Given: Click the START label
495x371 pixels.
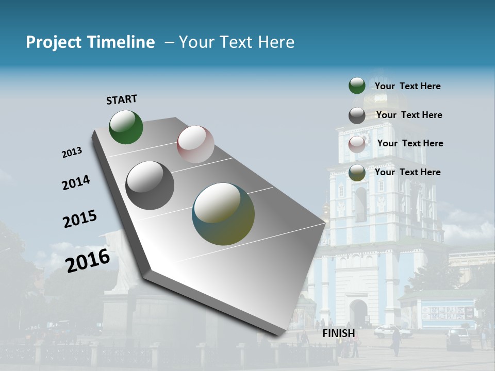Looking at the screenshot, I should (122, 99).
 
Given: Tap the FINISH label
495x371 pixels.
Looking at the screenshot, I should (339, 333).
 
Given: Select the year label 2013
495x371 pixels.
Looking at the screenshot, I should (72, 153).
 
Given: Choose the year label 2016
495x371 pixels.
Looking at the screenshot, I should (88, 260).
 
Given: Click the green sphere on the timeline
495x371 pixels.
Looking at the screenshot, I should (126, 127).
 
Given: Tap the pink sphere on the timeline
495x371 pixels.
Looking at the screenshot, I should (195, 144).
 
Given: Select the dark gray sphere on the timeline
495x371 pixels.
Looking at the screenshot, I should (150, 185).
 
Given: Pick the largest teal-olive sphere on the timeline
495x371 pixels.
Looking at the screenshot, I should (223, 214).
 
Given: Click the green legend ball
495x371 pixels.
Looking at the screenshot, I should (357, 86).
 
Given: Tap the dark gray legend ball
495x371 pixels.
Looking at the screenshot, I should (357, 115).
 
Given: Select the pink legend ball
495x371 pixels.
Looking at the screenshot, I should (357, 144).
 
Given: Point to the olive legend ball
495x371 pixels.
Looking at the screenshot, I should (357, 173).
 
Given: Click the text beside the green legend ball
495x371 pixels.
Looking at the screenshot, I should (408, 86).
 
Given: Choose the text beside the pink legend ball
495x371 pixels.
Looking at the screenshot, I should (410, 143).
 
